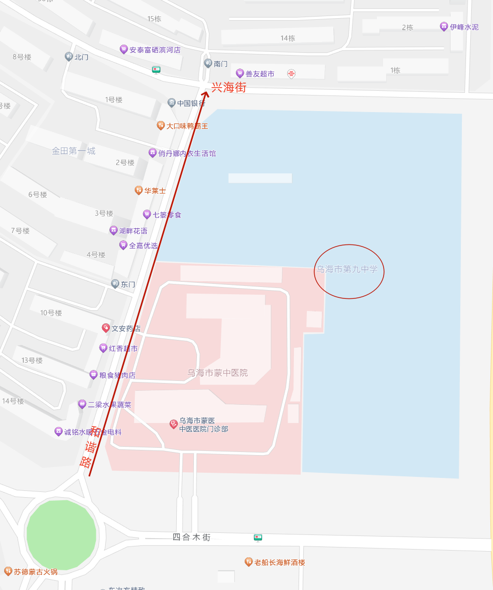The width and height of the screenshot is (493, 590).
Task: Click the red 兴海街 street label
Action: [229, 88]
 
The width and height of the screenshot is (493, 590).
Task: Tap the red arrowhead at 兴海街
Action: [205, 94]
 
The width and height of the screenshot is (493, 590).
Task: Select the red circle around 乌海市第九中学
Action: [349, 271]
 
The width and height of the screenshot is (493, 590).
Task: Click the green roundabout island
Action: [61, 534]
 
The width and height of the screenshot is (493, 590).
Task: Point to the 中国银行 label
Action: [191, 103]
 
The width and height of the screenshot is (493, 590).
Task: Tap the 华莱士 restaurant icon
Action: [138, 190]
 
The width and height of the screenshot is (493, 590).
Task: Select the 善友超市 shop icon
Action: [240, 74]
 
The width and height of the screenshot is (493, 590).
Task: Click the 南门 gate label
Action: [220, 64]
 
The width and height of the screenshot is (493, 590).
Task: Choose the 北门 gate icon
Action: [68, 57]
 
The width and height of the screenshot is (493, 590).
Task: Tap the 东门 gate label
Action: [128, 284]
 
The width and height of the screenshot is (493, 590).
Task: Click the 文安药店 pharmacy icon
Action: [106, 328]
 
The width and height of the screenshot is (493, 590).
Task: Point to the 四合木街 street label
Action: [191, 538]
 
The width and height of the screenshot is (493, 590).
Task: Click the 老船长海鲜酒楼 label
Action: [279, 562]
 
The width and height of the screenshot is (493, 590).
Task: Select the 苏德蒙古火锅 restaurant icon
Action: [8, 571]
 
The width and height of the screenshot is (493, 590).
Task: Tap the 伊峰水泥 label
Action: [464, 27]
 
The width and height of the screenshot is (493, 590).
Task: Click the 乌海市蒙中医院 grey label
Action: [218, 373]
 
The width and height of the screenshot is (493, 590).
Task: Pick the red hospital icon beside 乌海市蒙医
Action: [174, 424]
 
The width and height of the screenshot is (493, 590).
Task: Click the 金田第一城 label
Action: [74, 151]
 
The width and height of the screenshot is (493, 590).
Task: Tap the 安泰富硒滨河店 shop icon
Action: [123, 49]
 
